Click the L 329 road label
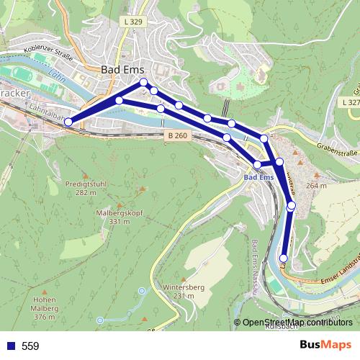pyautogui.click(x=132, y=23)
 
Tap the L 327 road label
pyautogui.click(x=350, y=103)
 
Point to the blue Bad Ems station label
pyautogui.click(x=258, y=177)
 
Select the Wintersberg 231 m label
pyautogui.click(x=179, y=292)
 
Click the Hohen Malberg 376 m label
pyautogui.click(x=45, y=308)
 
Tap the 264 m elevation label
pyautogui.click(x=316, y=186)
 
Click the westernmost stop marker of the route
pyautogui.click(x=68, y=122)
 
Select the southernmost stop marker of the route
pyautogui.click(x=284, y=258)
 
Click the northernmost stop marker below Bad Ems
pyautogui.click(x=144, y=82)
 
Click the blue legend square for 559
pyautogui.click(x=9, y=346)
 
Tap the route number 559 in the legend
pyautogui.click(x=30, y=346)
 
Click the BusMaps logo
pyautogui.click(x=325, y=345)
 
